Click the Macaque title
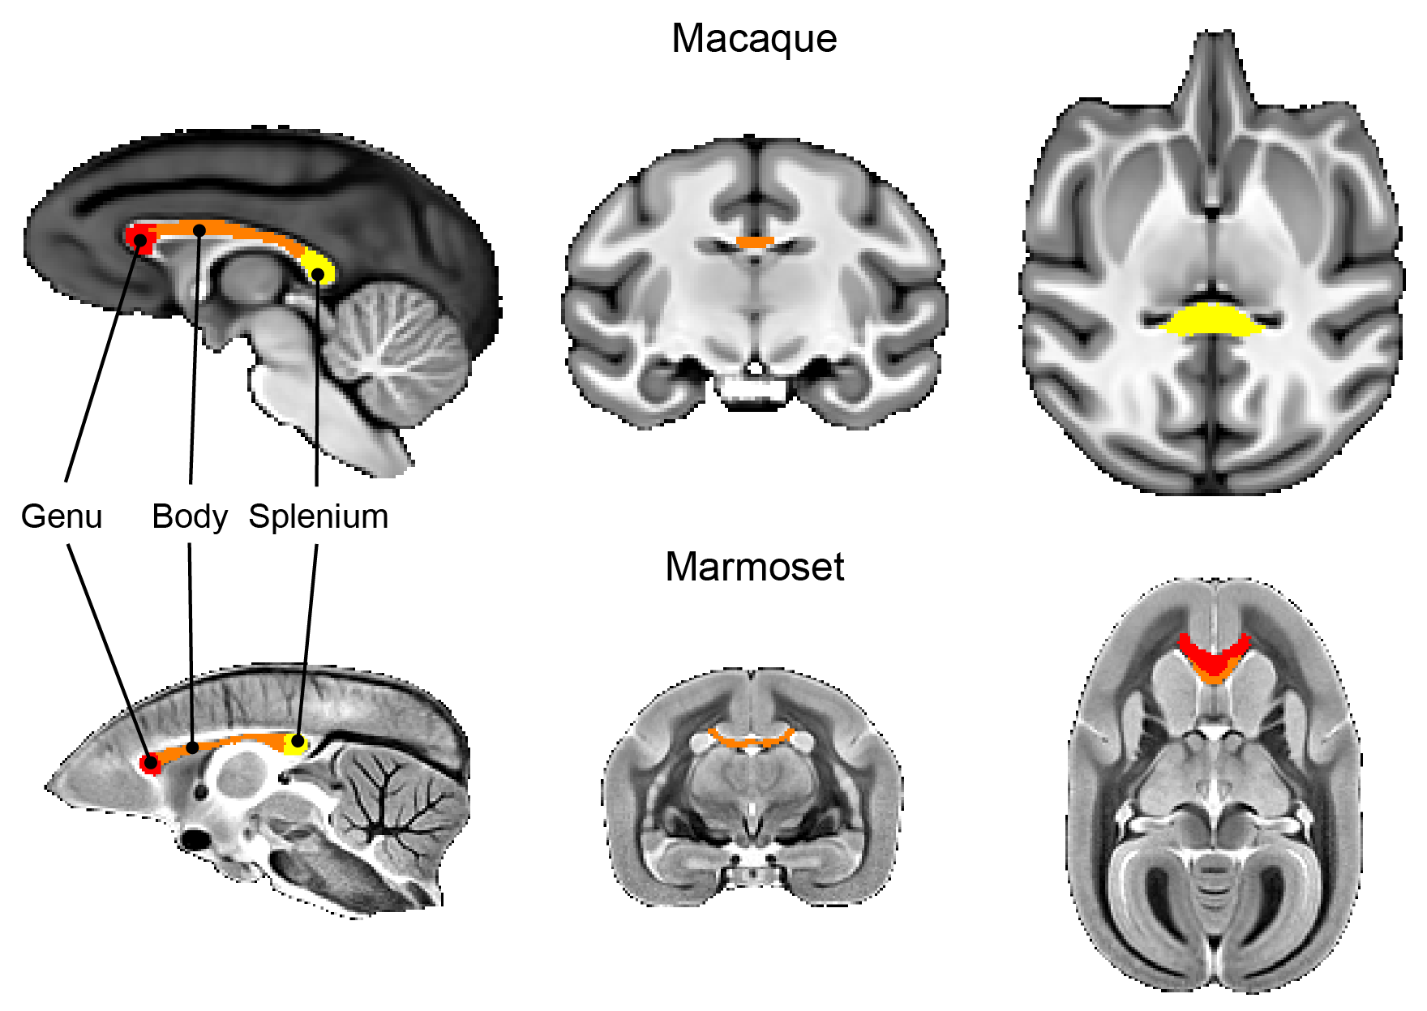[754, 39]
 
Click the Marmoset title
[754, 567]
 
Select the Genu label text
[62, 516]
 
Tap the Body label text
[190, 516]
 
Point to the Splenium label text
[318, 516]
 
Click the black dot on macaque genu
[140, 240]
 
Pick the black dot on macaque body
[199, 231]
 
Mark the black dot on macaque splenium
[318, 274]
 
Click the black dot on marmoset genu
[149, 762]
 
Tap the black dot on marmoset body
[192, 747]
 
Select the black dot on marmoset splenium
[298, 741]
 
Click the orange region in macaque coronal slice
[755, 242]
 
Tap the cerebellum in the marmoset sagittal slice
[397, 803]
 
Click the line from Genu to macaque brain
[101, 365]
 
